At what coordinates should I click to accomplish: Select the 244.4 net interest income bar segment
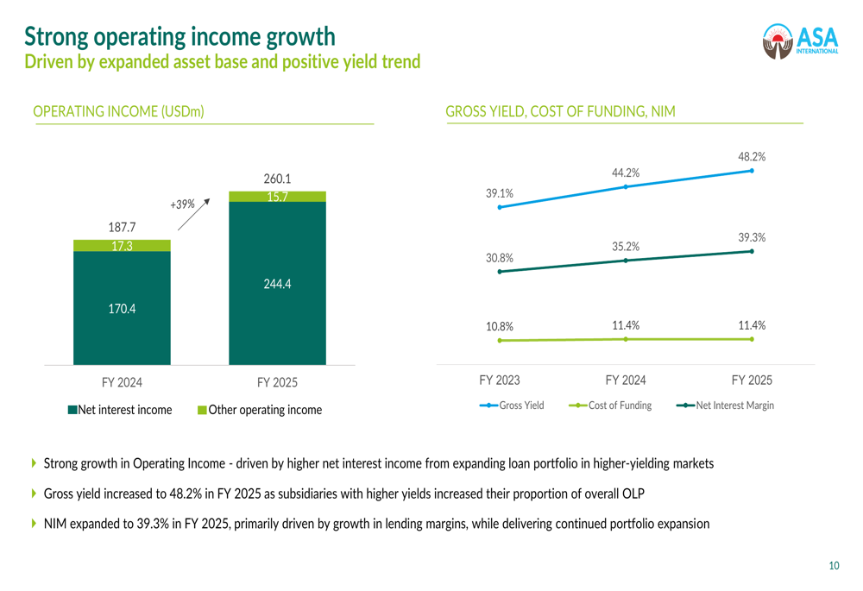[277, 283]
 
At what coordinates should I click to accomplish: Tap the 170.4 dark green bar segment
[122, 308]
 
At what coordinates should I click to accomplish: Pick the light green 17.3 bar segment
[122, 246]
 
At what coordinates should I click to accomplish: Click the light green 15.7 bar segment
[277, 197]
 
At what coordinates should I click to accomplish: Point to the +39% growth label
[182, 204]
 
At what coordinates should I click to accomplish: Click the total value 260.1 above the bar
[277, 179]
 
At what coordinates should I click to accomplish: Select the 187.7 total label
[122, 228]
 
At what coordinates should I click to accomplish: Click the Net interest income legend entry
[120, 410]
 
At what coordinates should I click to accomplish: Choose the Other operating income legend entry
[260, 410]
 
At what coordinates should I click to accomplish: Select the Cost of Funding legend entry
[611, 405]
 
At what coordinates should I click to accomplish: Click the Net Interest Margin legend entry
[725, 405]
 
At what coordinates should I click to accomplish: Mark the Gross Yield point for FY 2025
[752, 171]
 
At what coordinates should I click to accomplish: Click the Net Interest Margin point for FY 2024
[626, 261]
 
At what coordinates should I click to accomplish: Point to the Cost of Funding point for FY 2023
[500, 341]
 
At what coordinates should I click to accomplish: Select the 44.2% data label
[626, 173]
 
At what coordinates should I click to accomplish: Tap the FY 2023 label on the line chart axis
[500, 380]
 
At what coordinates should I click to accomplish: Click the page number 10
[834, 566]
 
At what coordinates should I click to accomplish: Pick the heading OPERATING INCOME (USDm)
[118, 111]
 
